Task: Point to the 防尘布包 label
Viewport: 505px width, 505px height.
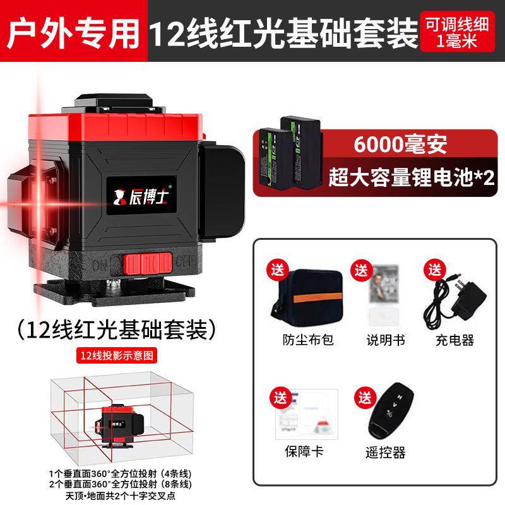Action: pyautogui.click(x=307, y=340)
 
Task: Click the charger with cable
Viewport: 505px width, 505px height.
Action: pyautogui.click(x=453, y=297)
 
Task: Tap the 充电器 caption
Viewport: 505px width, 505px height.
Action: pyautogui.click(x=454, y=340)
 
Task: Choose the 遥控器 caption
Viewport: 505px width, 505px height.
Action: pyautogui.click(x=385, y=452)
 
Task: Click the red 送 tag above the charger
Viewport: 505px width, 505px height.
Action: pyautogui.click(x=434, y=268)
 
